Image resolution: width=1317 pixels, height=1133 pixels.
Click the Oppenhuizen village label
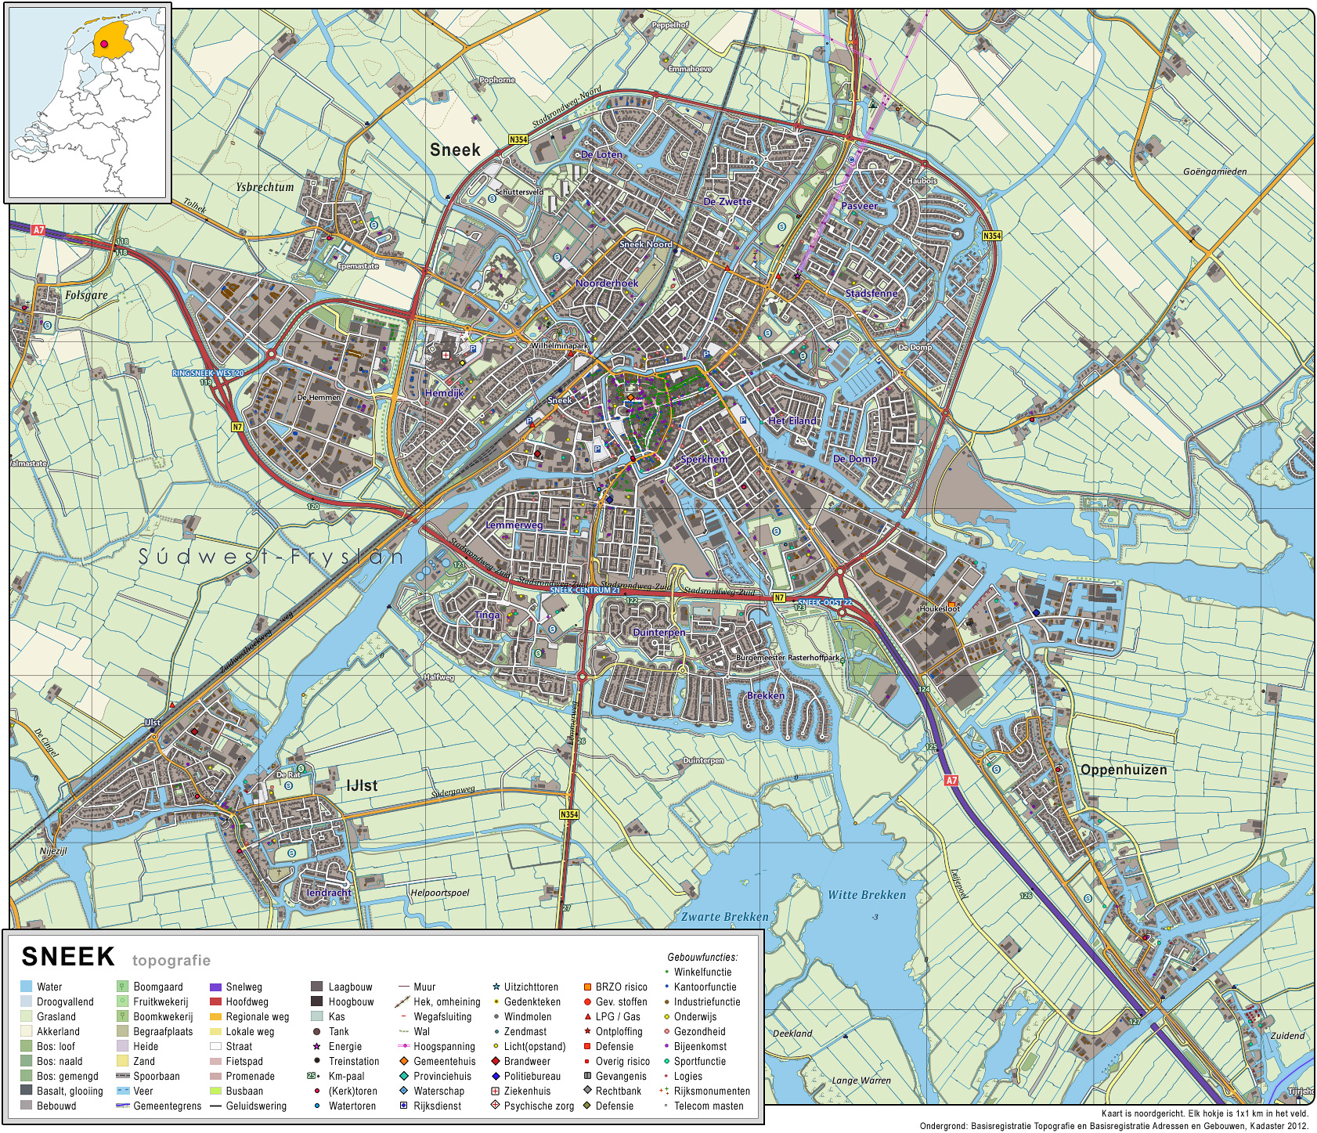click(x=1123, y=770)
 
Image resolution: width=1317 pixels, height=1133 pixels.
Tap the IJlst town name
click(x=362, y=785)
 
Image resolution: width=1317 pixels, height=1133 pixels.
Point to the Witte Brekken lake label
click(x=867, y=895)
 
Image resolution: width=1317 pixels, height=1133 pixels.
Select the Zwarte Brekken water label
click(x=724, y=917)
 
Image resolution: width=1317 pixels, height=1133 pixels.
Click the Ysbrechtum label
click(x=265, y=187)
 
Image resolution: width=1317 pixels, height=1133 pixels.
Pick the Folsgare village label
click(x=86, y=295)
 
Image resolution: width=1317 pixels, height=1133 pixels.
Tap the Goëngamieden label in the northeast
click(x=1214, y=171)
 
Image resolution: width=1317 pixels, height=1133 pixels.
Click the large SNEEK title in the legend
click(x=68, y=957)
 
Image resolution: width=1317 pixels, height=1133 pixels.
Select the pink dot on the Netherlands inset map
click(x=103, y=45)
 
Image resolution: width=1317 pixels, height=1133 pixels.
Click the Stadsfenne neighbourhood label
click(x=871, y=294)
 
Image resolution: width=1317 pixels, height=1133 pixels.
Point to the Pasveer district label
click(x=859, y=206)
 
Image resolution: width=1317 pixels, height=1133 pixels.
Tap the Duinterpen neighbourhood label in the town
click(x=658, y=632)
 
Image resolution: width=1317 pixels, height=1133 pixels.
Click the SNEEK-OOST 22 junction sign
click(x=824, y=602)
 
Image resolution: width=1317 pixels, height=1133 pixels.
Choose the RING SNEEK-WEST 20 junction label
click(x=207, y=373)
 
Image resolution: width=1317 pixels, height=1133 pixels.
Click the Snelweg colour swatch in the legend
click(x=216, y=987)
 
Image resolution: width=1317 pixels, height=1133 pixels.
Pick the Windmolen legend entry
click(x=527, y=1016)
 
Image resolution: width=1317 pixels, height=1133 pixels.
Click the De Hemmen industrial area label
click(x=319, y=398)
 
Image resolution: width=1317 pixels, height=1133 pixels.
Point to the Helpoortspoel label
click(x=440, y=893)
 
